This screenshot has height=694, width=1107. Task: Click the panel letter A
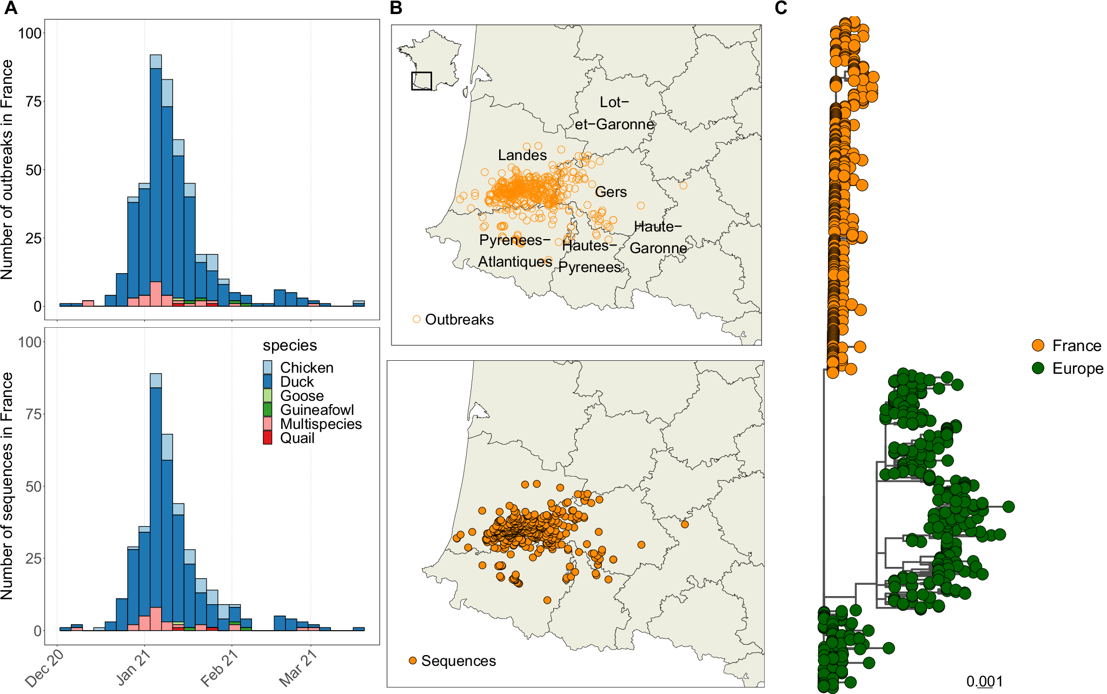tap(10, 8)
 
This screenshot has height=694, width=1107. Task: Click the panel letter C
tap(781, 8)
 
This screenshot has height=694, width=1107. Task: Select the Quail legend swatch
tap(267, 438)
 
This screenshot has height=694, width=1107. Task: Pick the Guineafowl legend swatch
tap(267, 409)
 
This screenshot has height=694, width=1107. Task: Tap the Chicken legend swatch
tap(267, 367)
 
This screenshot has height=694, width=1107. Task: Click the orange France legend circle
tap(1038, 346)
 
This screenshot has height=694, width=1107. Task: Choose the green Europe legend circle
tap(1038, 368)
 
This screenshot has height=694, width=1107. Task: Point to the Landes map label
tap(522, 155)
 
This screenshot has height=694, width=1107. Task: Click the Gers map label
tap(611, 192)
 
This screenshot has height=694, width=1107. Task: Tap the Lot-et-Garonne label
tap(614, 113)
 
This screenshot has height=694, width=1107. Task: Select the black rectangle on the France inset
tap(421, 81)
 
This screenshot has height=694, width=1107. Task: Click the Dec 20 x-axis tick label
tap(44, 669)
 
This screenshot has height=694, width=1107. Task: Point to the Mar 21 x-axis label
tap(297, 669)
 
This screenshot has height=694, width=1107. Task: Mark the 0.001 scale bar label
tap(984, 682)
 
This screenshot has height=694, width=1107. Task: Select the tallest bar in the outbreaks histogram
tap(156, 179)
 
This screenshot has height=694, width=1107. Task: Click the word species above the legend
tap(290, 345)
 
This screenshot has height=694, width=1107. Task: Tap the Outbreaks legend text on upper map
tap(459, 320)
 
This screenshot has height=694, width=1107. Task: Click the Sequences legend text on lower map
tap(458, 661)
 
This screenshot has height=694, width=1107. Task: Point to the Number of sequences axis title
tap(7, 486)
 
